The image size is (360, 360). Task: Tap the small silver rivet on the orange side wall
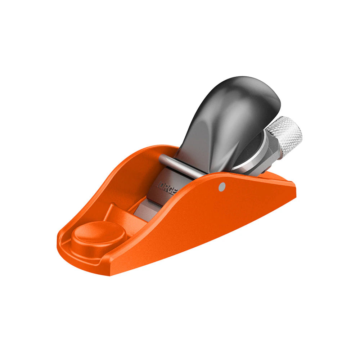click(x=222, y=186)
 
